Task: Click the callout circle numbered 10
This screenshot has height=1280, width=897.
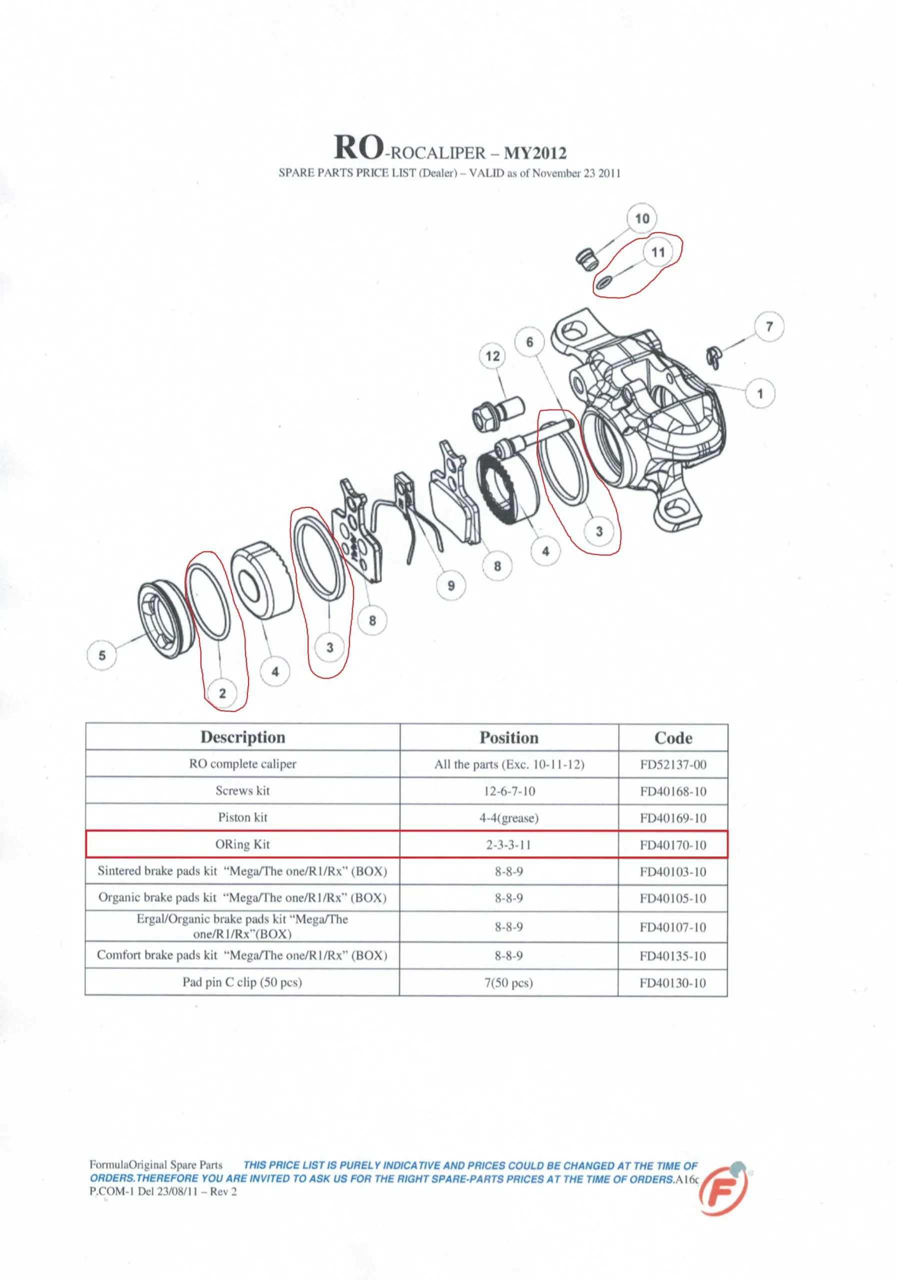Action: pos(641,218)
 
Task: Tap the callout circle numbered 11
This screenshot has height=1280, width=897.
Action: pos(658,252)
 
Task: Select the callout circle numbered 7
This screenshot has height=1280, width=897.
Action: pos(769,326)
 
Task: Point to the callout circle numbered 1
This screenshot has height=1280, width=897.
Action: pos(760,393)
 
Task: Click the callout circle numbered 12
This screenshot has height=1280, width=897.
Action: pos(492,356)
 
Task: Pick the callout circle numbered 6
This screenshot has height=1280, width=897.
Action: pos(529,341)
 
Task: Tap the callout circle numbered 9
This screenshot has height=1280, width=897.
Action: pos(451,585)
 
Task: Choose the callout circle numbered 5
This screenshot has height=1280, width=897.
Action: pos(101,655)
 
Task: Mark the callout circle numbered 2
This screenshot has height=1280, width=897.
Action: pos(222,693)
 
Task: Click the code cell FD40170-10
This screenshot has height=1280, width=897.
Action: pos(673,844)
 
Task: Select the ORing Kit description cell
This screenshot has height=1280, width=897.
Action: pos(242,844)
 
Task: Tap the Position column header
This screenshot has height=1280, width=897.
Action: pos(509,737)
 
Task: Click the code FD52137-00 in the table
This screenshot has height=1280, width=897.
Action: pos(673,764)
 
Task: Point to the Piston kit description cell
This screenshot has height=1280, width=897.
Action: pos(242,817)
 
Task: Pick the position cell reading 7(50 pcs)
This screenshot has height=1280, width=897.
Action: pos(508,982)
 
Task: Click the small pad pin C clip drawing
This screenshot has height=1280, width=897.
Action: pos(712,357)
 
